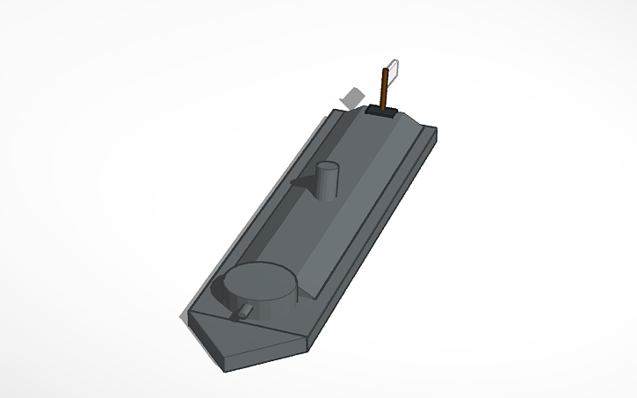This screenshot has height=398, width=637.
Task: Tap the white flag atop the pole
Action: pyautogui.click(x=394, y=69)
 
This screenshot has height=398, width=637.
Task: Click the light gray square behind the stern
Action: pyautogui.click(x=352, y=98)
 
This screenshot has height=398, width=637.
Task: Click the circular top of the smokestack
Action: pyautogui.click(x=327, y=167)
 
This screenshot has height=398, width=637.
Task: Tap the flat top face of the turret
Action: pyautogui.click(x=261, y=281)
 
